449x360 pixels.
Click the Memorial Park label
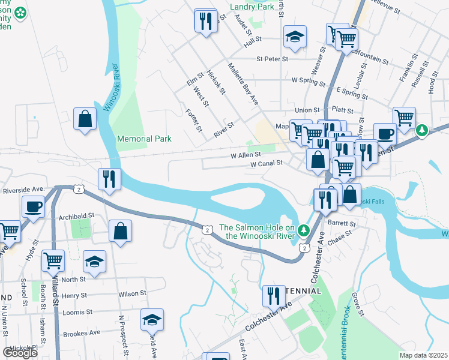pos(144,139)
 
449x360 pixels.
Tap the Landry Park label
pos(252,7)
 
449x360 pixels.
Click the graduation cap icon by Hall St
pos(295,37)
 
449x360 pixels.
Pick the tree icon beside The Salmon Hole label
pos(304,230)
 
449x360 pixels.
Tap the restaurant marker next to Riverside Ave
pos(109,179)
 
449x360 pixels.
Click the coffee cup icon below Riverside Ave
pos(33,208)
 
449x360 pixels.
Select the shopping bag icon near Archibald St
pos(121,231)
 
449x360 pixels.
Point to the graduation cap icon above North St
pos(94,262)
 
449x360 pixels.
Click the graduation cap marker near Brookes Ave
pos(152,320)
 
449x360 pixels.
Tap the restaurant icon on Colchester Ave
pos(273,296)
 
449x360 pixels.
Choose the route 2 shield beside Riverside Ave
pos(79,189)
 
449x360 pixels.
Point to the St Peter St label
pos(273,59)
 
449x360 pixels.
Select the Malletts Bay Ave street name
pos(243,84)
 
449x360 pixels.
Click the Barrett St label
pos(342,223)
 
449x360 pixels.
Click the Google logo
pos(20,353)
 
